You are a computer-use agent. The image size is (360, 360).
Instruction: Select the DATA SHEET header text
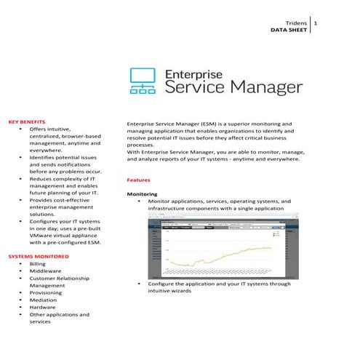pyautogui.click(x=288, y=31)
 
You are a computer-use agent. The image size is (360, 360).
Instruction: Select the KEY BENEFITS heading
pyautogui.click(x=27, y=121)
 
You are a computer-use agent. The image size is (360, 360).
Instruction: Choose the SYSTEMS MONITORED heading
pyautogui.click(x=39, y=257)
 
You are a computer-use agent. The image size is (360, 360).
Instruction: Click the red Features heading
pyautogui.click(x=138, y=179)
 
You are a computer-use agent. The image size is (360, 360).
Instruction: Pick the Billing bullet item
pyautogui.click(x=37, y=264)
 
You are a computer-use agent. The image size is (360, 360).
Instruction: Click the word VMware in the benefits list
pyautogui.click(x=41, y=236)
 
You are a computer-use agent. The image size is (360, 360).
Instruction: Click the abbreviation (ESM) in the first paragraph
pyautogui.click(x=209, y=124)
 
